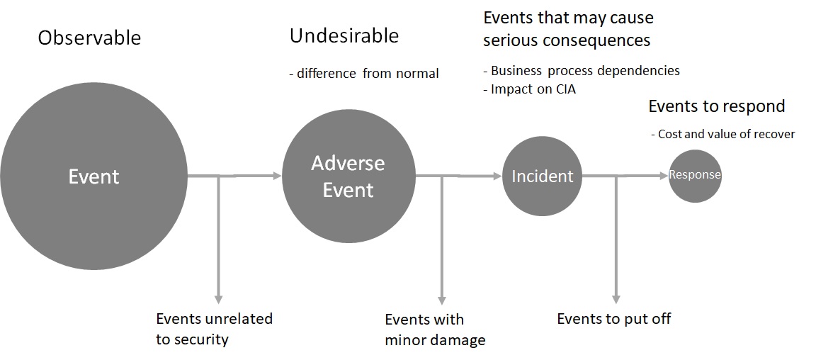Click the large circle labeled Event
click(x=93, y=176)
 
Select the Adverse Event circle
click(x=348, y=176)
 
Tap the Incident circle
click(x=543, y=176)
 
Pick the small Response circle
click(x=695, y=175)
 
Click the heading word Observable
click(x=89, y=38)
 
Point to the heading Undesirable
click(x=344, y=35)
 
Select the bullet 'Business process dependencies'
click(x=581, y=71)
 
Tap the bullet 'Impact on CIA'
click(x=529, y=89)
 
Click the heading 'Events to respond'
click(x=717, y=106)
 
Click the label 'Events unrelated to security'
click(x=214, y=329)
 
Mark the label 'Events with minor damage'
click(x=435, y=330)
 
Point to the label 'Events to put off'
click(x=613, y=318)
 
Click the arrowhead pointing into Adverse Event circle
click(x=277, y=176)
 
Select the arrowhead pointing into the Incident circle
click(x=497, y=176)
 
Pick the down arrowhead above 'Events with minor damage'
click(x=442, y=299)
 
